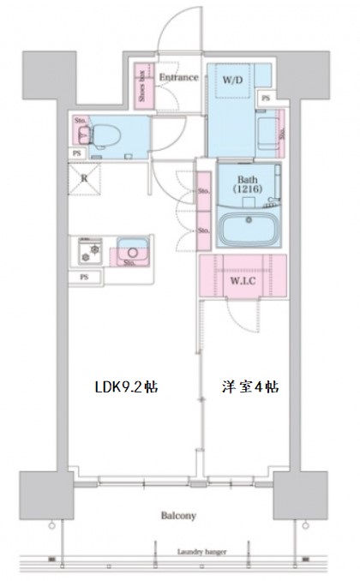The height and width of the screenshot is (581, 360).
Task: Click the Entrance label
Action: click(x=179, y=78)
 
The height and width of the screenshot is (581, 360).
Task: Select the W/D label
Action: click(x=231, y=81)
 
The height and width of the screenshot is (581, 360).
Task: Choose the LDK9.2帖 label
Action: click(x=126, y=386)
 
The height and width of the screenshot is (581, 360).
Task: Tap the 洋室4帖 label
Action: click(x=244, y=386)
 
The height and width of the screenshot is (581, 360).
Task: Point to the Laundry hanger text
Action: click(x=202, y=553)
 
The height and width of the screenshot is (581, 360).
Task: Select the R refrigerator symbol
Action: click(x=85, y=179)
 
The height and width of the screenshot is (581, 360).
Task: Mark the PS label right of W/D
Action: click(x=266, y=99)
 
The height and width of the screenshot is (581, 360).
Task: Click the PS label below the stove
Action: click(x=84, y=278)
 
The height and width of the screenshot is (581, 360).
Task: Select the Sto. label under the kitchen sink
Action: click(x=129, y=264)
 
